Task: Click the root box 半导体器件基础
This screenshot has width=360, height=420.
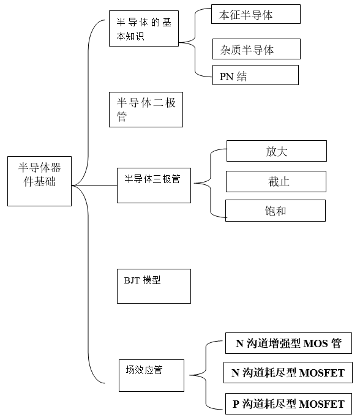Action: click(39, 181)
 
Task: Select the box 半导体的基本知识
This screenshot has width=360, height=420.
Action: click(144, 28)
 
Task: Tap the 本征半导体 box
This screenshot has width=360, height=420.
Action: click(256, 14)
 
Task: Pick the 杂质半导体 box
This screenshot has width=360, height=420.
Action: click(257, 49)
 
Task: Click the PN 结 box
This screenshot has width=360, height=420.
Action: click(255, 75)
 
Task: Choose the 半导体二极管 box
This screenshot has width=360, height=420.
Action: click(146, 110)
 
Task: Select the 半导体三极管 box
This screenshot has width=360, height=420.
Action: click(154, 186)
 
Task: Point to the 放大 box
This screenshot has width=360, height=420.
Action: click(277, 151)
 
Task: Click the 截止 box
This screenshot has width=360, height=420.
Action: click(276, 181)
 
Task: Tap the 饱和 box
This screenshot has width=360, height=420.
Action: click(276, 211)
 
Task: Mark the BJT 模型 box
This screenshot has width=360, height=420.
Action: click(154, 286)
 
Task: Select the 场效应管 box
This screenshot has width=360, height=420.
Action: click(152, 375)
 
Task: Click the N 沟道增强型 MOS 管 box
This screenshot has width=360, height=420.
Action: click(288, 343)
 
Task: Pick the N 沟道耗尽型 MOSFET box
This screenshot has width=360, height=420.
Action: click(288, 373)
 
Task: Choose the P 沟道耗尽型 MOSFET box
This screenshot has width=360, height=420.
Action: click(288, 403)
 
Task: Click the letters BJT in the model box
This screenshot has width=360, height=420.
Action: click(132, 280)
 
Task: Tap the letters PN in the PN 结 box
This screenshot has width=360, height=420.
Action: click(227, 77)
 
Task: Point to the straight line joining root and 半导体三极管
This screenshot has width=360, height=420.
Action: click(94, 185)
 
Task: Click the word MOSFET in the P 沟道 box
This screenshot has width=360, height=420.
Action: click(321, 404)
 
